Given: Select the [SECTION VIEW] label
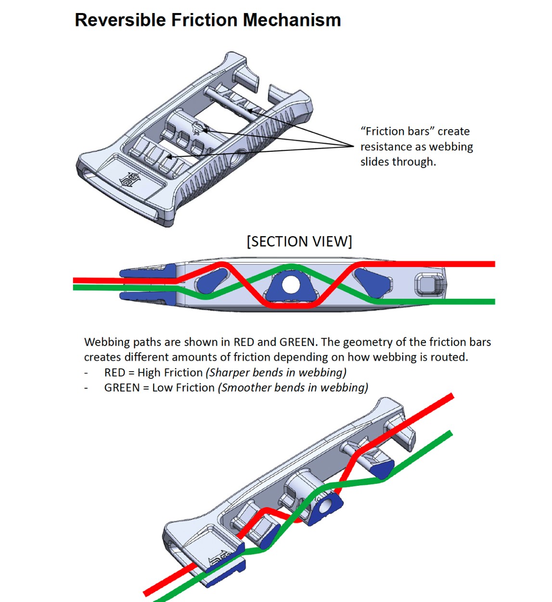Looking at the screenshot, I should click(x=299, y=241).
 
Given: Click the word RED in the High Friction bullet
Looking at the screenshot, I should click(x=115, y=373).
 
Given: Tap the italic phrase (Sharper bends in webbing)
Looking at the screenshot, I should click(x=276, y=373).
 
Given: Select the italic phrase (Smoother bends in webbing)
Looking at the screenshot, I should click(x=293, y=388).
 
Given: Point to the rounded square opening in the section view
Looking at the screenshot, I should click(x=428, y=284).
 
